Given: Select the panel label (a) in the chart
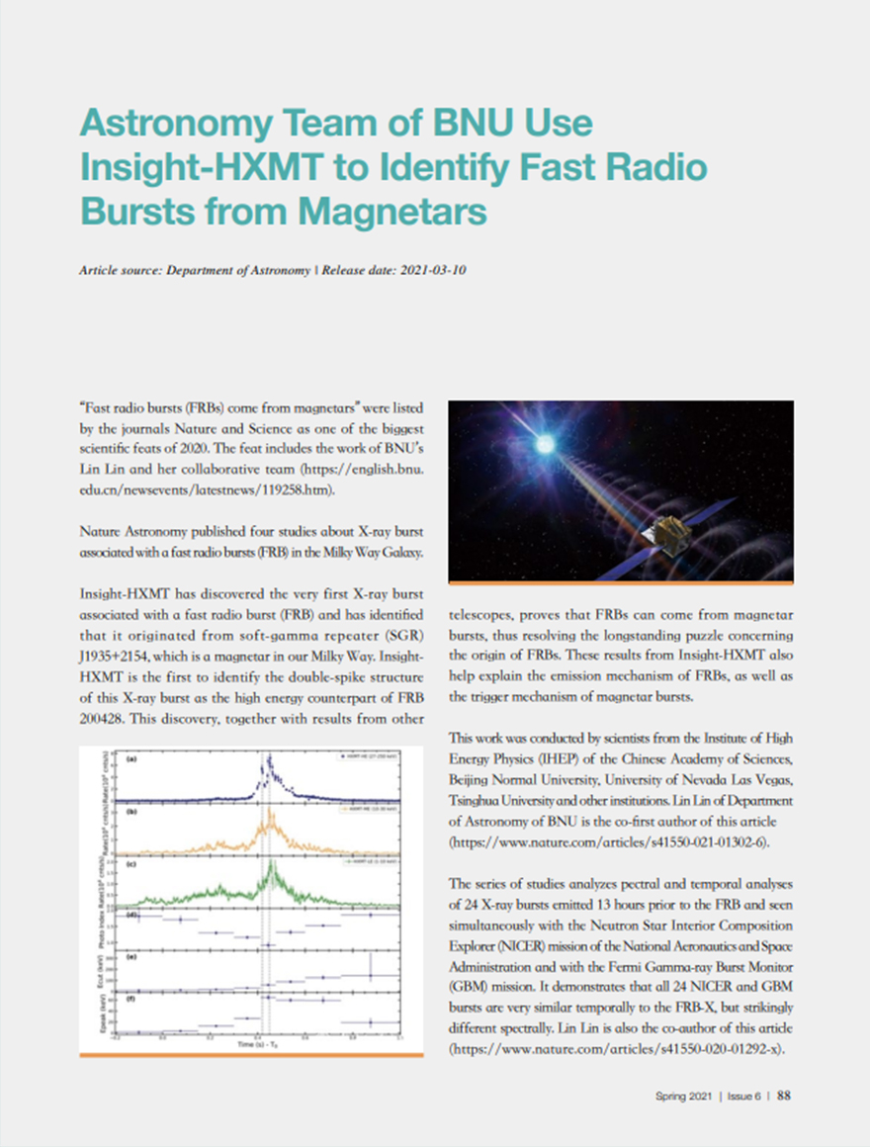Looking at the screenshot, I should (x=130, y=759).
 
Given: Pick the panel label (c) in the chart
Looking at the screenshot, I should (x=130, y=864).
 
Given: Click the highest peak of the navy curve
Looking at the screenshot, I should (x=269, y=759).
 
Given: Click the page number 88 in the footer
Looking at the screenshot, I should (x=783, y=1095).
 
